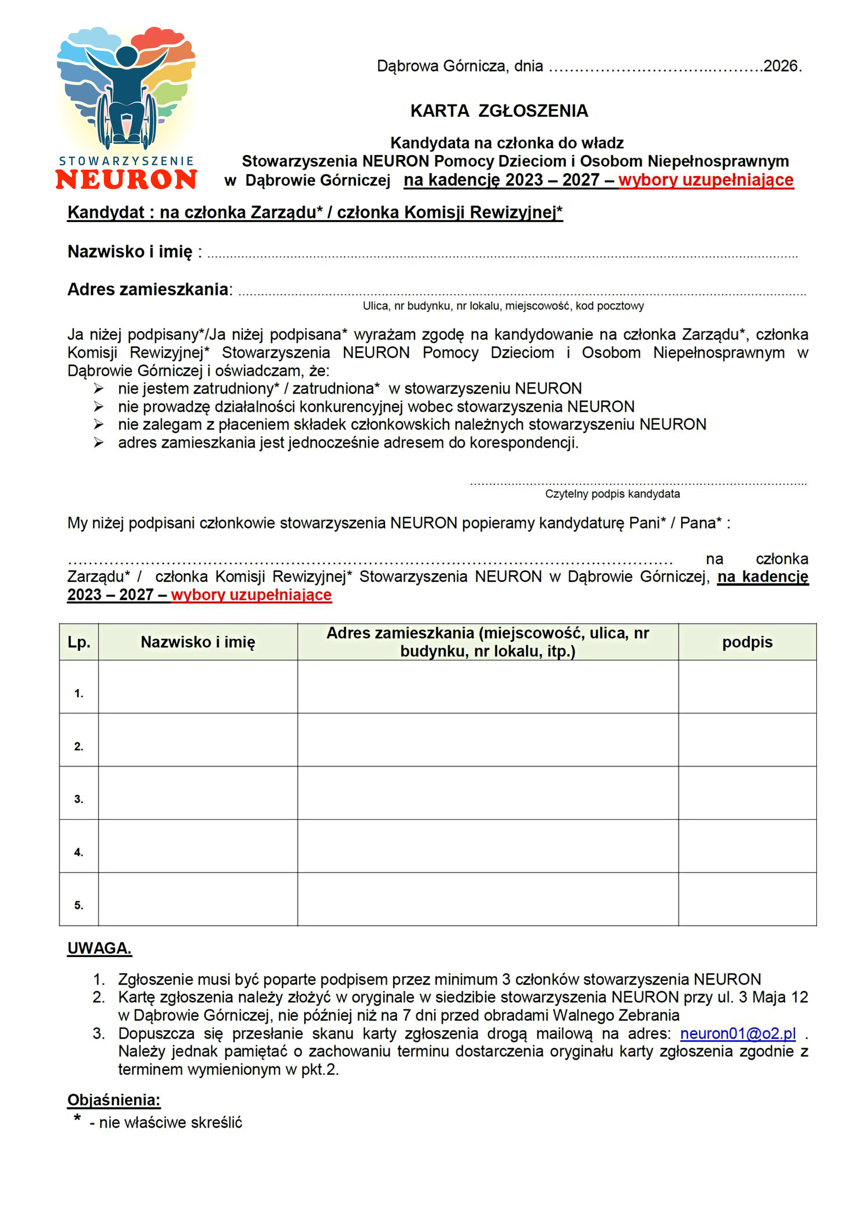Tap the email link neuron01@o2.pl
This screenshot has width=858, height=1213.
[x=738, y=1034]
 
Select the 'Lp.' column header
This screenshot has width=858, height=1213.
[x=79, y=642]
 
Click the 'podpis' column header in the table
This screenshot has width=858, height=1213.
[x=747, y=642]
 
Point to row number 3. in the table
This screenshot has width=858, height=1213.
[x=79, y=799]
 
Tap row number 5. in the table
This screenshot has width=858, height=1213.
[x=79, y=905]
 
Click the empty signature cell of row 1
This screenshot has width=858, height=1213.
[x=747, y=687]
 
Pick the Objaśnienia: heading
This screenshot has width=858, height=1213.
[x=113, y=1100]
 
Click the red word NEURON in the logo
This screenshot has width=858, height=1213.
[x=126, y=179]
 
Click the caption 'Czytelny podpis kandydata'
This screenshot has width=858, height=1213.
[x=612, y=494]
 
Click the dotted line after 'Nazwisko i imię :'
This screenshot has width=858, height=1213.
[x=502, y=256]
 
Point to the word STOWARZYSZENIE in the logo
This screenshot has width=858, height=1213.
[x=126, y=160]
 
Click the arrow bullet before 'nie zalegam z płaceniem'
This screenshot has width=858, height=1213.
[x=99, y=424]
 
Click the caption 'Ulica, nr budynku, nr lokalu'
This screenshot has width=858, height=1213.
[x=503, y=306]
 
